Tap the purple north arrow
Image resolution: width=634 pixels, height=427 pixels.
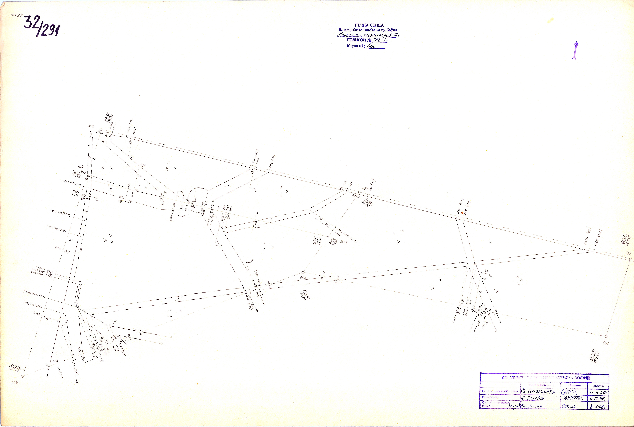574,50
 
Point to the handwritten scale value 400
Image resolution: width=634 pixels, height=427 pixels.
371,46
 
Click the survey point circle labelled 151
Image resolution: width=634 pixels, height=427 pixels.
360,192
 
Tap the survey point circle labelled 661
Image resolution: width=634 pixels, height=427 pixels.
606,336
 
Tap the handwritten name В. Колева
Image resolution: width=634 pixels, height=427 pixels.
532,398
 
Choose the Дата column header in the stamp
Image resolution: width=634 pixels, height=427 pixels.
598,386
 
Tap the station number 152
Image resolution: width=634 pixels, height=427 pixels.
628,254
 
